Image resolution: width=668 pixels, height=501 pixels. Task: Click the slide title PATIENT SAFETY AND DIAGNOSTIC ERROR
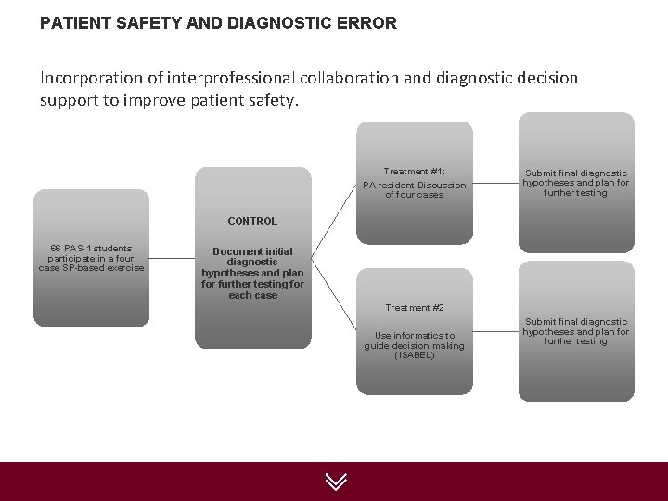[x=218, y=22]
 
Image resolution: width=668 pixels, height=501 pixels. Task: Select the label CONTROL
[x=252, y=221]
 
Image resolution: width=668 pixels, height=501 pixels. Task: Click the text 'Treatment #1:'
[x=414, y=172]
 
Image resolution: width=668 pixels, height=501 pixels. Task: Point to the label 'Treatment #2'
[x=415, y=307]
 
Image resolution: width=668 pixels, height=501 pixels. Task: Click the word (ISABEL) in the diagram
[x=414, y=355]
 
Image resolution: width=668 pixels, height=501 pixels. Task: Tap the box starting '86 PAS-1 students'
[x=91, y=258]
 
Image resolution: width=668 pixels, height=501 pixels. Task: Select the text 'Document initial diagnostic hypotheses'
[x=252, y=263]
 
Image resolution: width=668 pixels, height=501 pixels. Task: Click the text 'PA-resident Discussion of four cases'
[x=414, y=189]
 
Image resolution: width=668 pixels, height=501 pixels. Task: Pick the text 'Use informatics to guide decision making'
[x=414, y=340]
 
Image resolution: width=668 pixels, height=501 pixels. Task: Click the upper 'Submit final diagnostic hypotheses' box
[x=575, y=183]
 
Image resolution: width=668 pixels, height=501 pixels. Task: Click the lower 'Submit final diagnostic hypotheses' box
[x=575, y=331]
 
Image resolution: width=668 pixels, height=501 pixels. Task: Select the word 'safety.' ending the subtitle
[x=271, y=99]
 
